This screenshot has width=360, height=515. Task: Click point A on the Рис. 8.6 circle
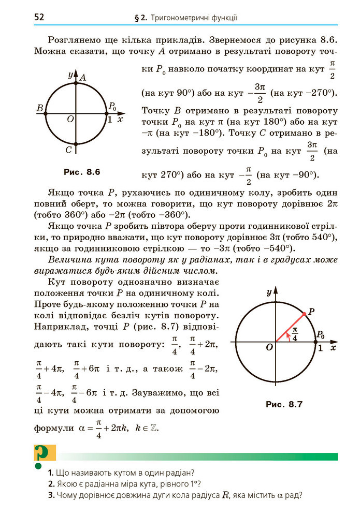pyautogui.click(x=76, y=82)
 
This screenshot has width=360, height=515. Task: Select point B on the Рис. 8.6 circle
pyautogui.click(x=46, y=112)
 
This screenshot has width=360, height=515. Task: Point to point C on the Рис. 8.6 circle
pyautogui.click(x=76, y=143)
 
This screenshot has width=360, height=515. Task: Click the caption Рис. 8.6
pyautogui.click(x=81, y=171)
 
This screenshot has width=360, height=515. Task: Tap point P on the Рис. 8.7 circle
pyautogui.click(x=303, y=314)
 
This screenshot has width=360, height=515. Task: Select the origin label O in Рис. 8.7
pyautogui.click(x=269, y=348)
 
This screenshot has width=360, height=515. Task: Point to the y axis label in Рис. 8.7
pyautogui.click(x=269, y=293)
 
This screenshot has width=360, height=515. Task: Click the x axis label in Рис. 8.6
pyautogui.click(x=120, y=120)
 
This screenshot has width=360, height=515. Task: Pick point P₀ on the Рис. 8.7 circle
pyautogui.click(x=316, y=342)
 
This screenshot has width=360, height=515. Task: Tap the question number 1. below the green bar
pyautogui.click(x=50, y=473)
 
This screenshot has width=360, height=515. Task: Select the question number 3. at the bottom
pyautogui.click(x=50, y=495)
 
